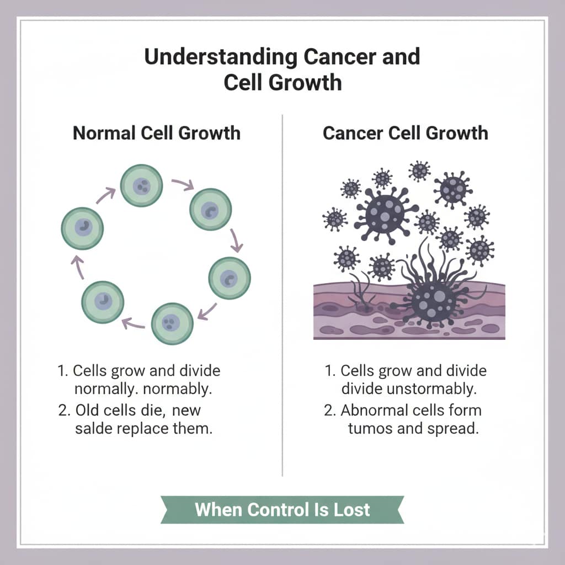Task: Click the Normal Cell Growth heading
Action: [157, 133]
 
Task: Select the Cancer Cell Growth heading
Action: [406, 133]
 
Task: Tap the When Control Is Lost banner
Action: [282, 509]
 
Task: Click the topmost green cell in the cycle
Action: [142, 185]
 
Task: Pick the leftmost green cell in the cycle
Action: [82, 228]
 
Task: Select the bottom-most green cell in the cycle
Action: [172, 323]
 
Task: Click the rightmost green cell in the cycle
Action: [229, 278]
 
